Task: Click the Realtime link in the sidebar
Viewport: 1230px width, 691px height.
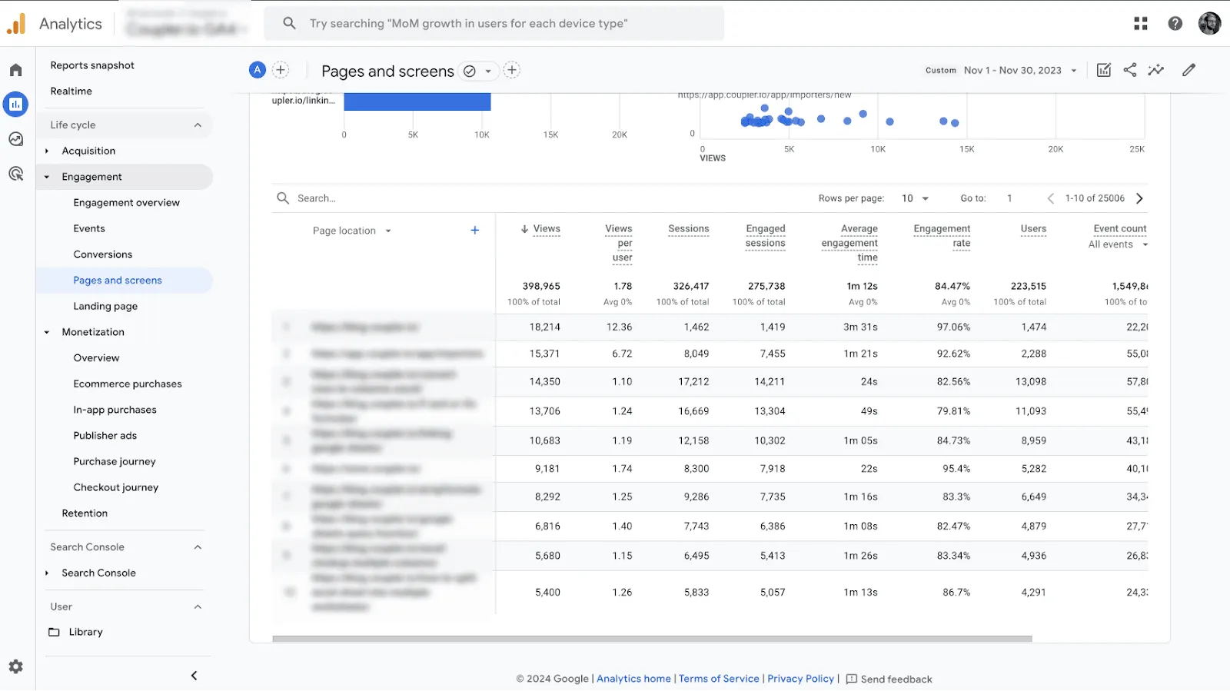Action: (71, 91)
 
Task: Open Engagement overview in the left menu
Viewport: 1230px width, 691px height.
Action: (126, 203)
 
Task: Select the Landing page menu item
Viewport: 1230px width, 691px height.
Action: (105, 307)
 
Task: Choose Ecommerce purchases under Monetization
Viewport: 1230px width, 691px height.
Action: (128, 384)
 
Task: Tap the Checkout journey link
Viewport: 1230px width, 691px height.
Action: (115, 487)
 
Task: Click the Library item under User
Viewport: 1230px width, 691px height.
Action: (85, 633)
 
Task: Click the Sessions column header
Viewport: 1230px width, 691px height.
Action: (688, 229)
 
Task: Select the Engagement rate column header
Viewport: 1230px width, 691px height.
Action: (942, 235)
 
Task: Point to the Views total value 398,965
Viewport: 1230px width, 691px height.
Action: (540, 286)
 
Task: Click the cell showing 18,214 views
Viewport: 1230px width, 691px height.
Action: (544, 327)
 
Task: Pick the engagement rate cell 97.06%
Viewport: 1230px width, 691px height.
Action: (953, 327)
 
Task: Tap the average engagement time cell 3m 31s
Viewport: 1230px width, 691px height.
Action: (860, 327)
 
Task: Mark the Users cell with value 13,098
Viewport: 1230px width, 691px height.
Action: (1031, 382)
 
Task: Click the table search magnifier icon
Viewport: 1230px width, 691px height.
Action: (283, 198)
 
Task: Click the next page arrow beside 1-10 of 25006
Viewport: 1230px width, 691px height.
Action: (1139, 198)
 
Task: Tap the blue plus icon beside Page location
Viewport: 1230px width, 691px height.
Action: (475, 231)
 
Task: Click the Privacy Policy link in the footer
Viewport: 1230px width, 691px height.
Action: (800, 679)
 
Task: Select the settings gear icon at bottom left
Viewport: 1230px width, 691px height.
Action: (16, 667)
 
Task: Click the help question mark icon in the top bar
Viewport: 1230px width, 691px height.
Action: (1175, 24)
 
